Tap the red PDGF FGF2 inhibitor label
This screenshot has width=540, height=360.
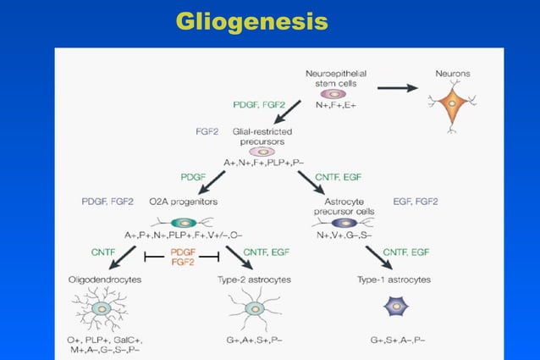[184, 257]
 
